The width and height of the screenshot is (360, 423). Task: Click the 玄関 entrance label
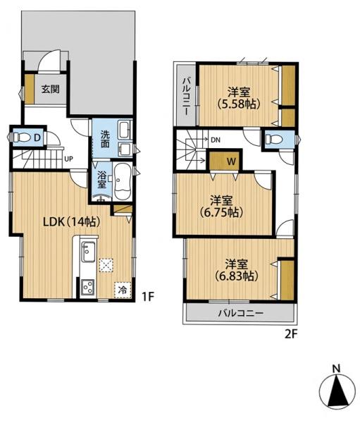click(51, 89)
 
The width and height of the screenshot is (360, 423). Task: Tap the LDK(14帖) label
click(72, 222)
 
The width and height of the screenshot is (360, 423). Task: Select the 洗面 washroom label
click(105, 139)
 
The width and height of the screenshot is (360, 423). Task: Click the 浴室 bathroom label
click(101, 179)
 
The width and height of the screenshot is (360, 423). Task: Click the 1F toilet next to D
click(21, 137)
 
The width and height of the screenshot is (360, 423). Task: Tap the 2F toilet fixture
click(274, 140)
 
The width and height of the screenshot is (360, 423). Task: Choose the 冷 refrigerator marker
click(123, 290)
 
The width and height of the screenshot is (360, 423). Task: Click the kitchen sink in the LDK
click(89, 252)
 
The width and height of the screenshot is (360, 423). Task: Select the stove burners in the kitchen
click(88, 288)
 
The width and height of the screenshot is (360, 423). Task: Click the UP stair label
click(68, 159)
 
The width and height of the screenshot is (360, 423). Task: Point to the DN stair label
click(216, 140)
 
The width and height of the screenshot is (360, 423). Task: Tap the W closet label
click(231, 161)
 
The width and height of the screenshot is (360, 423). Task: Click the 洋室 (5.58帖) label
click(239, 98)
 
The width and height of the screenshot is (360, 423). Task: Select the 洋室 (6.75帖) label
click(221, 207)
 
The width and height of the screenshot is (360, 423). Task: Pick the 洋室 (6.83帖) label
click(237, 270)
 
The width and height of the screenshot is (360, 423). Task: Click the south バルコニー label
click(240, 313)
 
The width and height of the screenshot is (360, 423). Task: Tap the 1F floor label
click(148, 297)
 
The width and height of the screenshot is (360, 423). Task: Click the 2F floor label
click(291, 334)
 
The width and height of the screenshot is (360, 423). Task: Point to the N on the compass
click(336, 369)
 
